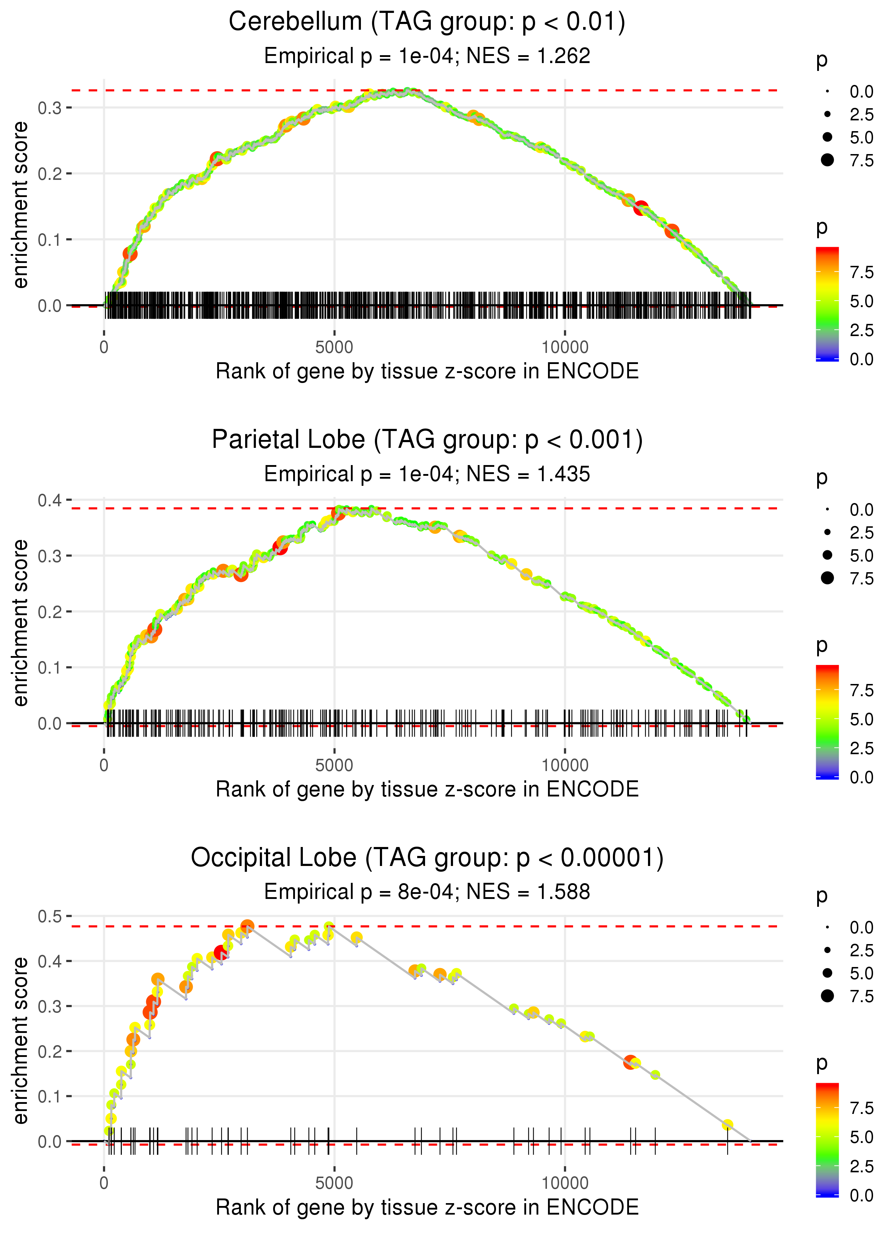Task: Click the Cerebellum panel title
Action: pyautogui.click(x=426, y=22)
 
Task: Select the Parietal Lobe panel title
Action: pyautogui.click(x=426, y=440)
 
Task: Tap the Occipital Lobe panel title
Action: pyautogui.click(x=426, y=858)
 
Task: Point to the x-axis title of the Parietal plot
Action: pyautogui.click(x=426, y=789)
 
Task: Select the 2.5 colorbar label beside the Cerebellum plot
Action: pyautogui.click(x=861, y=330)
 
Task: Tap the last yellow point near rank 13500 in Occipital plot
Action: pyautogui.click(x=727, y=1125)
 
